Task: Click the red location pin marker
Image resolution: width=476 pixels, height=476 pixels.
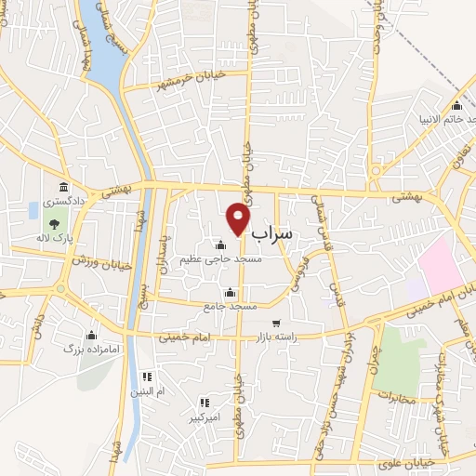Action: (x=239, y=219)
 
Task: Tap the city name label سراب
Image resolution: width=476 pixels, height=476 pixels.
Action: (x=271, y=233)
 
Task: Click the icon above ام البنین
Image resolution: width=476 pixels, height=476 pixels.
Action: (x=146, y=377)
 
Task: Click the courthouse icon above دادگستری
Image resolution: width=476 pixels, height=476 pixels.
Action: (x=62, y=187)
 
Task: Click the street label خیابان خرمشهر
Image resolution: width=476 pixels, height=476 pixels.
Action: (x=187, y=77)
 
